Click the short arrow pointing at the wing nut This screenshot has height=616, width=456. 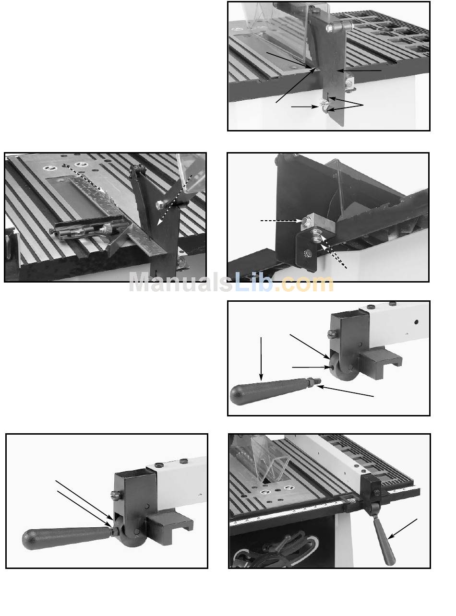click(304, 107)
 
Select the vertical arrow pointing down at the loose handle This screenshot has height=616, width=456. click(261, 358)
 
